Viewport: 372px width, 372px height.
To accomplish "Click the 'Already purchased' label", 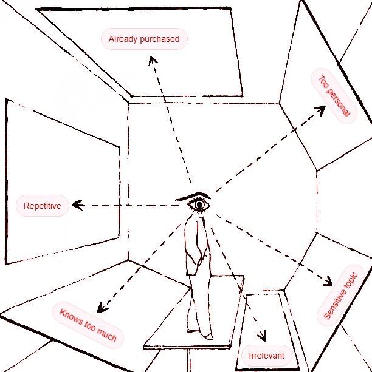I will click(144, 39).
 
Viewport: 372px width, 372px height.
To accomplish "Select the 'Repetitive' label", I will click(42, 206).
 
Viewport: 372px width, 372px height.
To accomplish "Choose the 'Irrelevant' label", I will click(267, 355).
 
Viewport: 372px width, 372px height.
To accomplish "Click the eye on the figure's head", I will click(199, 205).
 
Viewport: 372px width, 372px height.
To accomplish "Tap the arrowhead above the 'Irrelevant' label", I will click(263, 337).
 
